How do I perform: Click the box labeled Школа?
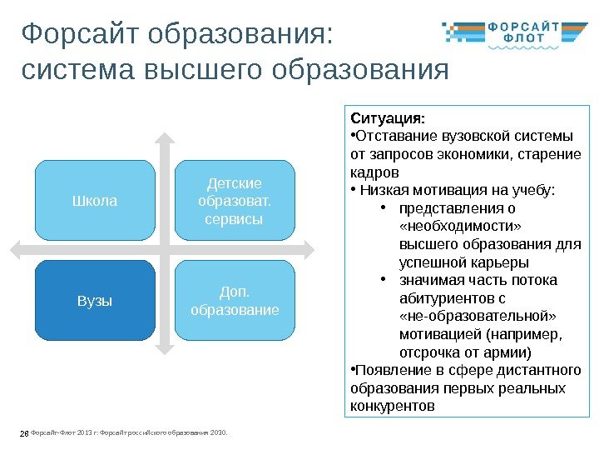pyautogui.click(x=95, y=201)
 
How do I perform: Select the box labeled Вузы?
pyautogui.click(x=95, y=301)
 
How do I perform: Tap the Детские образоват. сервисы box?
pyautogui.click(x=235, y=201)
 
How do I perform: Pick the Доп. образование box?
pyautogui.click(x=235, y=301)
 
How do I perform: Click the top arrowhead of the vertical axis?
pyautogui.click(x=165, y=140)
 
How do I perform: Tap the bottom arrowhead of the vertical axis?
pyautogui.click(x=165, y=340)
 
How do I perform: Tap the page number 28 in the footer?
pyautogui.click(x=23, y=432)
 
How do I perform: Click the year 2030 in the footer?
pyautogui.click(x=219, y=432)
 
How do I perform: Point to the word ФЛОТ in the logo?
pyautogui.click(x=523, y=37)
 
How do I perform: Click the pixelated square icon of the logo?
pyautogui.click(x=458, y=32)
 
